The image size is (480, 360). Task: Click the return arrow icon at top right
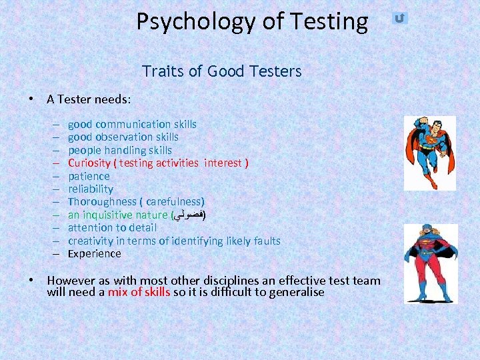(x=399, y=18)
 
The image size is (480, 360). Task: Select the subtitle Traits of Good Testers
(x=221, y=71)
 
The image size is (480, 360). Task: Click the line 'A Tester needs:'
(x=89, y=99)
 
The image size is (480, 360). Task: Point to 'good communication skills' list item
(x=132, y=124)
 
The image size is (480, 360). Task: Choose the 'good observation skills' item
(x=123, y=137)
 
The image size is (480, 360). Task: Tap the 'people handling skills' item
(x=120, y=150)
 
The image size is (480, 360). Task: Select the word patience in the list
(x=89, y=176)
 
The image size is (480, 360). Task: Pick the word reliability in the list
(x=91, y=189)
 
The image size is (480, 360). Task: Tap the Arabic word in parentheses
(x=189, y=215)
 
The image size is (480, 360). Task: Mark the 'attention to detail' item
(x=112, y=227)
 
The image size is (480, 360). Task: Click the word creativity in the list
(x=90, y=241)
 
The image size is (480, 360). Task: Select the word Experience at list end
(x=95, y=253)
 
